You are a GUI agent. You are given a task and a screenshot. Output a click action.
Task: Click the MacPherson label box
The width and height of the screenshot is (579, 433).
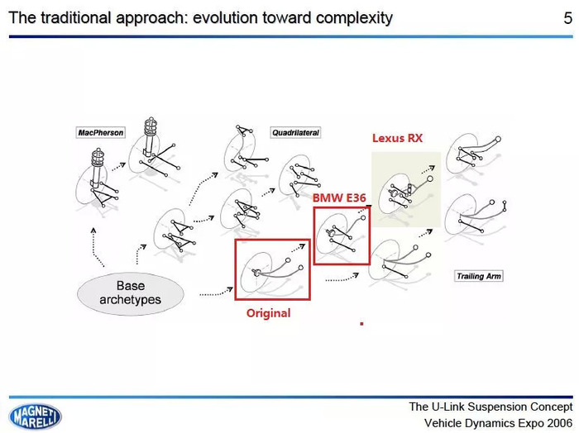[x=101, y=132]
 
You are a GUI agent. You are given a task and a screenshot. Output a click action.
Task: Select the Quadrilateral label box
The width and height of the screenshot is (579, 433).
[x=295, y=132]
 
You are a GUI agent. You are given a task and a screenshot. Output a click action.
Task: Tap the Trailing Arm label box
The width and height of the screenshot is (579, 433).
[x=479, y=276]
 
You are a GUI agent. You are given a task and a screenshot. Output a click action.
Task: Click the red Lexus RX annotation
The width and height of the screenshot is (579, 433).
[x=397, y=138]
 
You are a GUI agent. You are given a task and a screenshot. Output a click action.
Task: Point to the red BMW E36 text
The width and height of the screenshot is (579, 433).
[x=339, y=198]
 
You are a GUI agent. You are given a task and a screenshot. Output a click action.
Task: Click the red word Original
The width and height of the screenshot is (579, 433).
[x=269, y=313]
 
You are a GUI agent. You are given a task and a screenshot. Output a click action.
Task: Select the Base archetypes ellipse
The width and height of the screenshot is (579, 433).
[x=131, y=293]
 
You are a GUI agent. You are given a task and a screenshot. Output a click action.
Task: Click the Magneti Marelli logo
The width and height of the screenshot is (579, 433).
[x=35, y=416]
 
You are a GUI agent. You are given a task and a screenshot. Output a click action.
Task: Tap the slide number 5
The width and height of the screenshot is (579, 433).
[x=567, y=17]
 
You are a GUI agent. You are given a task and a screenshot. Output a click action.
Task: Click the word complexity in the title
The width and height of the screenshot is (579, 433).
[x=354, y=17]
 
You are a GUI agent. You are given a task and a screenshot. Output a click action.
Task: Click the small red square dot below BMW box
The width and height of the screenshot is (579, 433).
[x=362, y=324]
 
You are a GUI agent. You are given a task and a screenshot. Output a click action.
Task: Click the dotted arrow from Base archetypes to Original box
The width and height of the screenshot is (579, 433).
[x=217, y=293]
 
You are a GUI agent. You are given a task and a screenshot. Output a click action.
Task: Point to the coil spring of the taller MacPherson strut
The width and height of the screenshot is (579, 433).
[x=151, y=126]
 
